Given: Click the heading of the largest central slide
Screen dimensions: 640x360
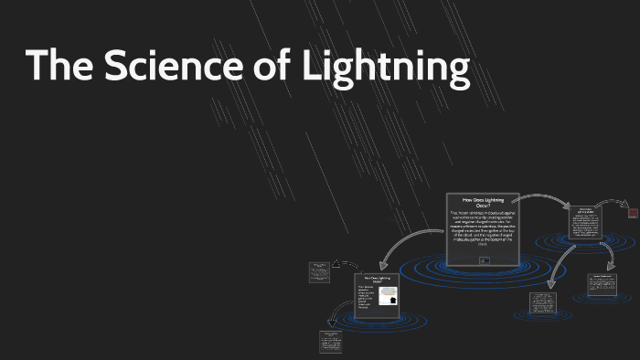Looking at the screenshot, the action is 483,203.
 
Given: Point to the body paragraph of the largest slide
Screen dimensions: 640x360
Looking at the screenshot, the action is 483,230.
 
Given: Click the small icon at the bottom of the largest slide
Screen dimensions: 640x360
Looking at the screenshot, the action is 483,259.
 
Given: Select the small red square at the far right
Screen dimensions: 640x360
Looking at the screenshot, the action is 632,213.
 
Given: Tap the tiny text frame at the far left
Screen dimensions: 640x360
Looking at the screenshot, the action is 319,270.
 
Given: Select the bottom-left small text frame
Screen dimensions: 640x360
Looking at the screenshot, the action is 330,342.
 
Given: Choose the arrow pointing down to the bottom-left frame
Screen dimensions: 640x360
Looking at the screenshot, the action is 338,315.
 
